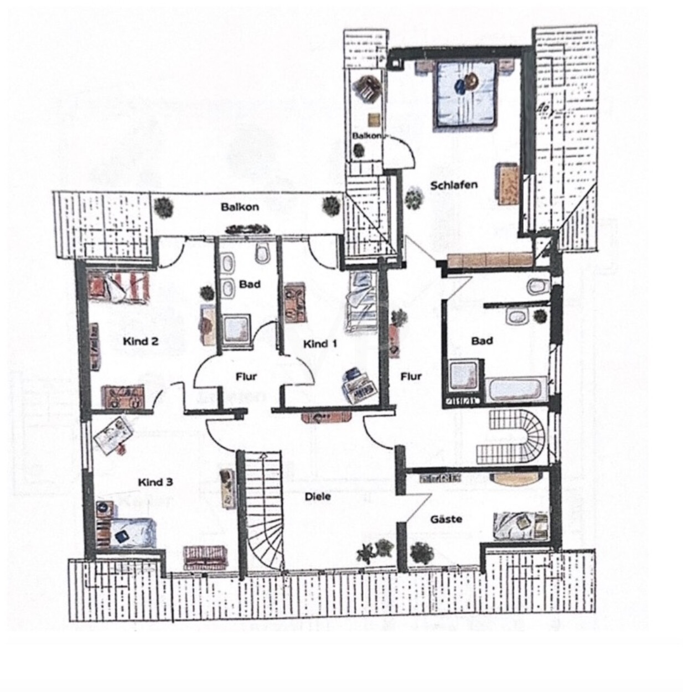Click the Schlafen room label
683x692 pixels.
pyautogui.click(x=454, y=185)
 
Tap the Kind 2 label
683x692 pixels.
pyautogui.click(x=141, y=341)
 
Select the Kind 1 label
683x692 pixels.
pyautogui.click(x=320, y=344)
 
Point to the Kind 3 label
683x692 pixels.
pyautogui.click(x=156, y=482)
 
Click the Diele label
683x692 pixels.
pyautogui.click(x=318, y=497)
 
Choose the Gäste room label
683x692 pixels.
pyautogui.click(x=446, y=519)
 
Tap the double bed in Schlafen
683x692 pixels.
pyautogui.click(x=465, y=95)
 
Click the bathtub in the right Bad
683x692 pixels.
pyautogui.click(x=515, y=390)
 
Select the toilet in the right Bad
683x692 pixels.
pyautogui.click(x=539, y=286)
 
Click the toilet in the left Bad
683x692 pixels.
pyautogui.click(x=262, y=252)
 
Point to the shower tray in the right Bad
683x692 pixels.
pyautogui.click(x=465, y=376)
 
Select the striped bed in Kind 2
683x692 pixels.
pyautogui.click(x=118, y=286)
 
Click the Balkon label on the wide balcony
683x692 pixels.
pyautogui.click(x=240, y=207)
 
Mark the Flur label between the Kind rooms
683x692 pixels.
pyautogui.click(x=246, y=376)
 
